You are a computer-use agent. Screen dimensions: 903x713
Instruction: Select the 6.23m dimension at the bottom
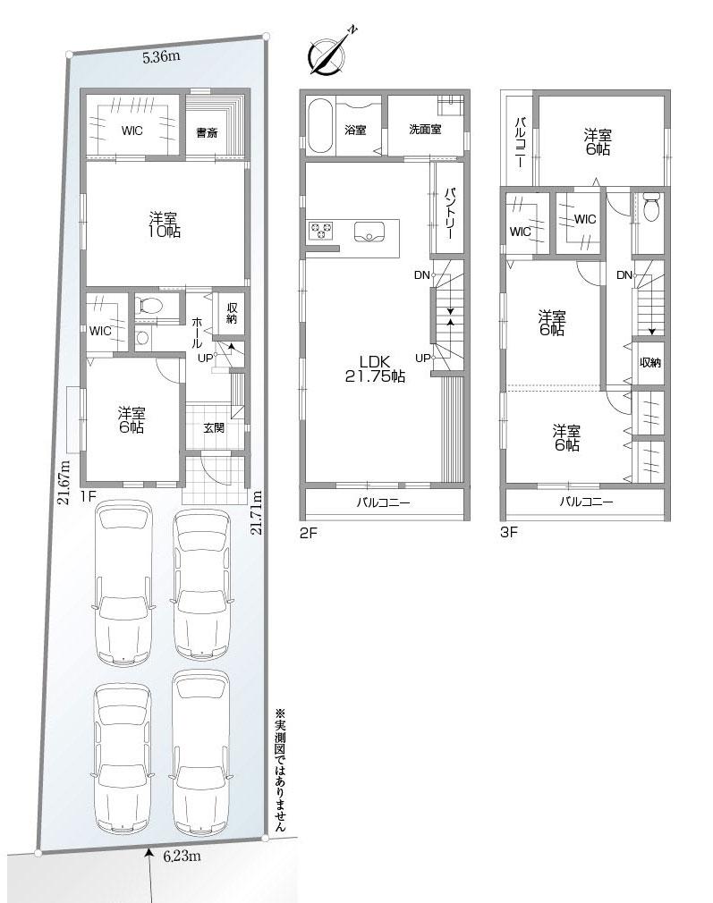click(182, 856)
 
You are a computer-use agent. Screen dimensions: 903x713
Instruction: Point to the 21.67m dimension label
click(64, 483)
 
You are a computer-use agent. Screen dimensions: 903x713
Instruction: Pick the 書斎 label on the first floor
click(207, 133)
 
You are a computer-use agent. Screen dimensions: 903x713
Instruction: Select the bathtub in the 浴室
click(319, 126)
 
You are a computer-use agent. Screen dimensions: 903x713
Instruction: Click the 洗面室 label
click(425, 130)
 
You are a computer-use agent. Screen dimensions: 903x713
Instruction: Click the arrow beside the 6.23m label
click(149, 860)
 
